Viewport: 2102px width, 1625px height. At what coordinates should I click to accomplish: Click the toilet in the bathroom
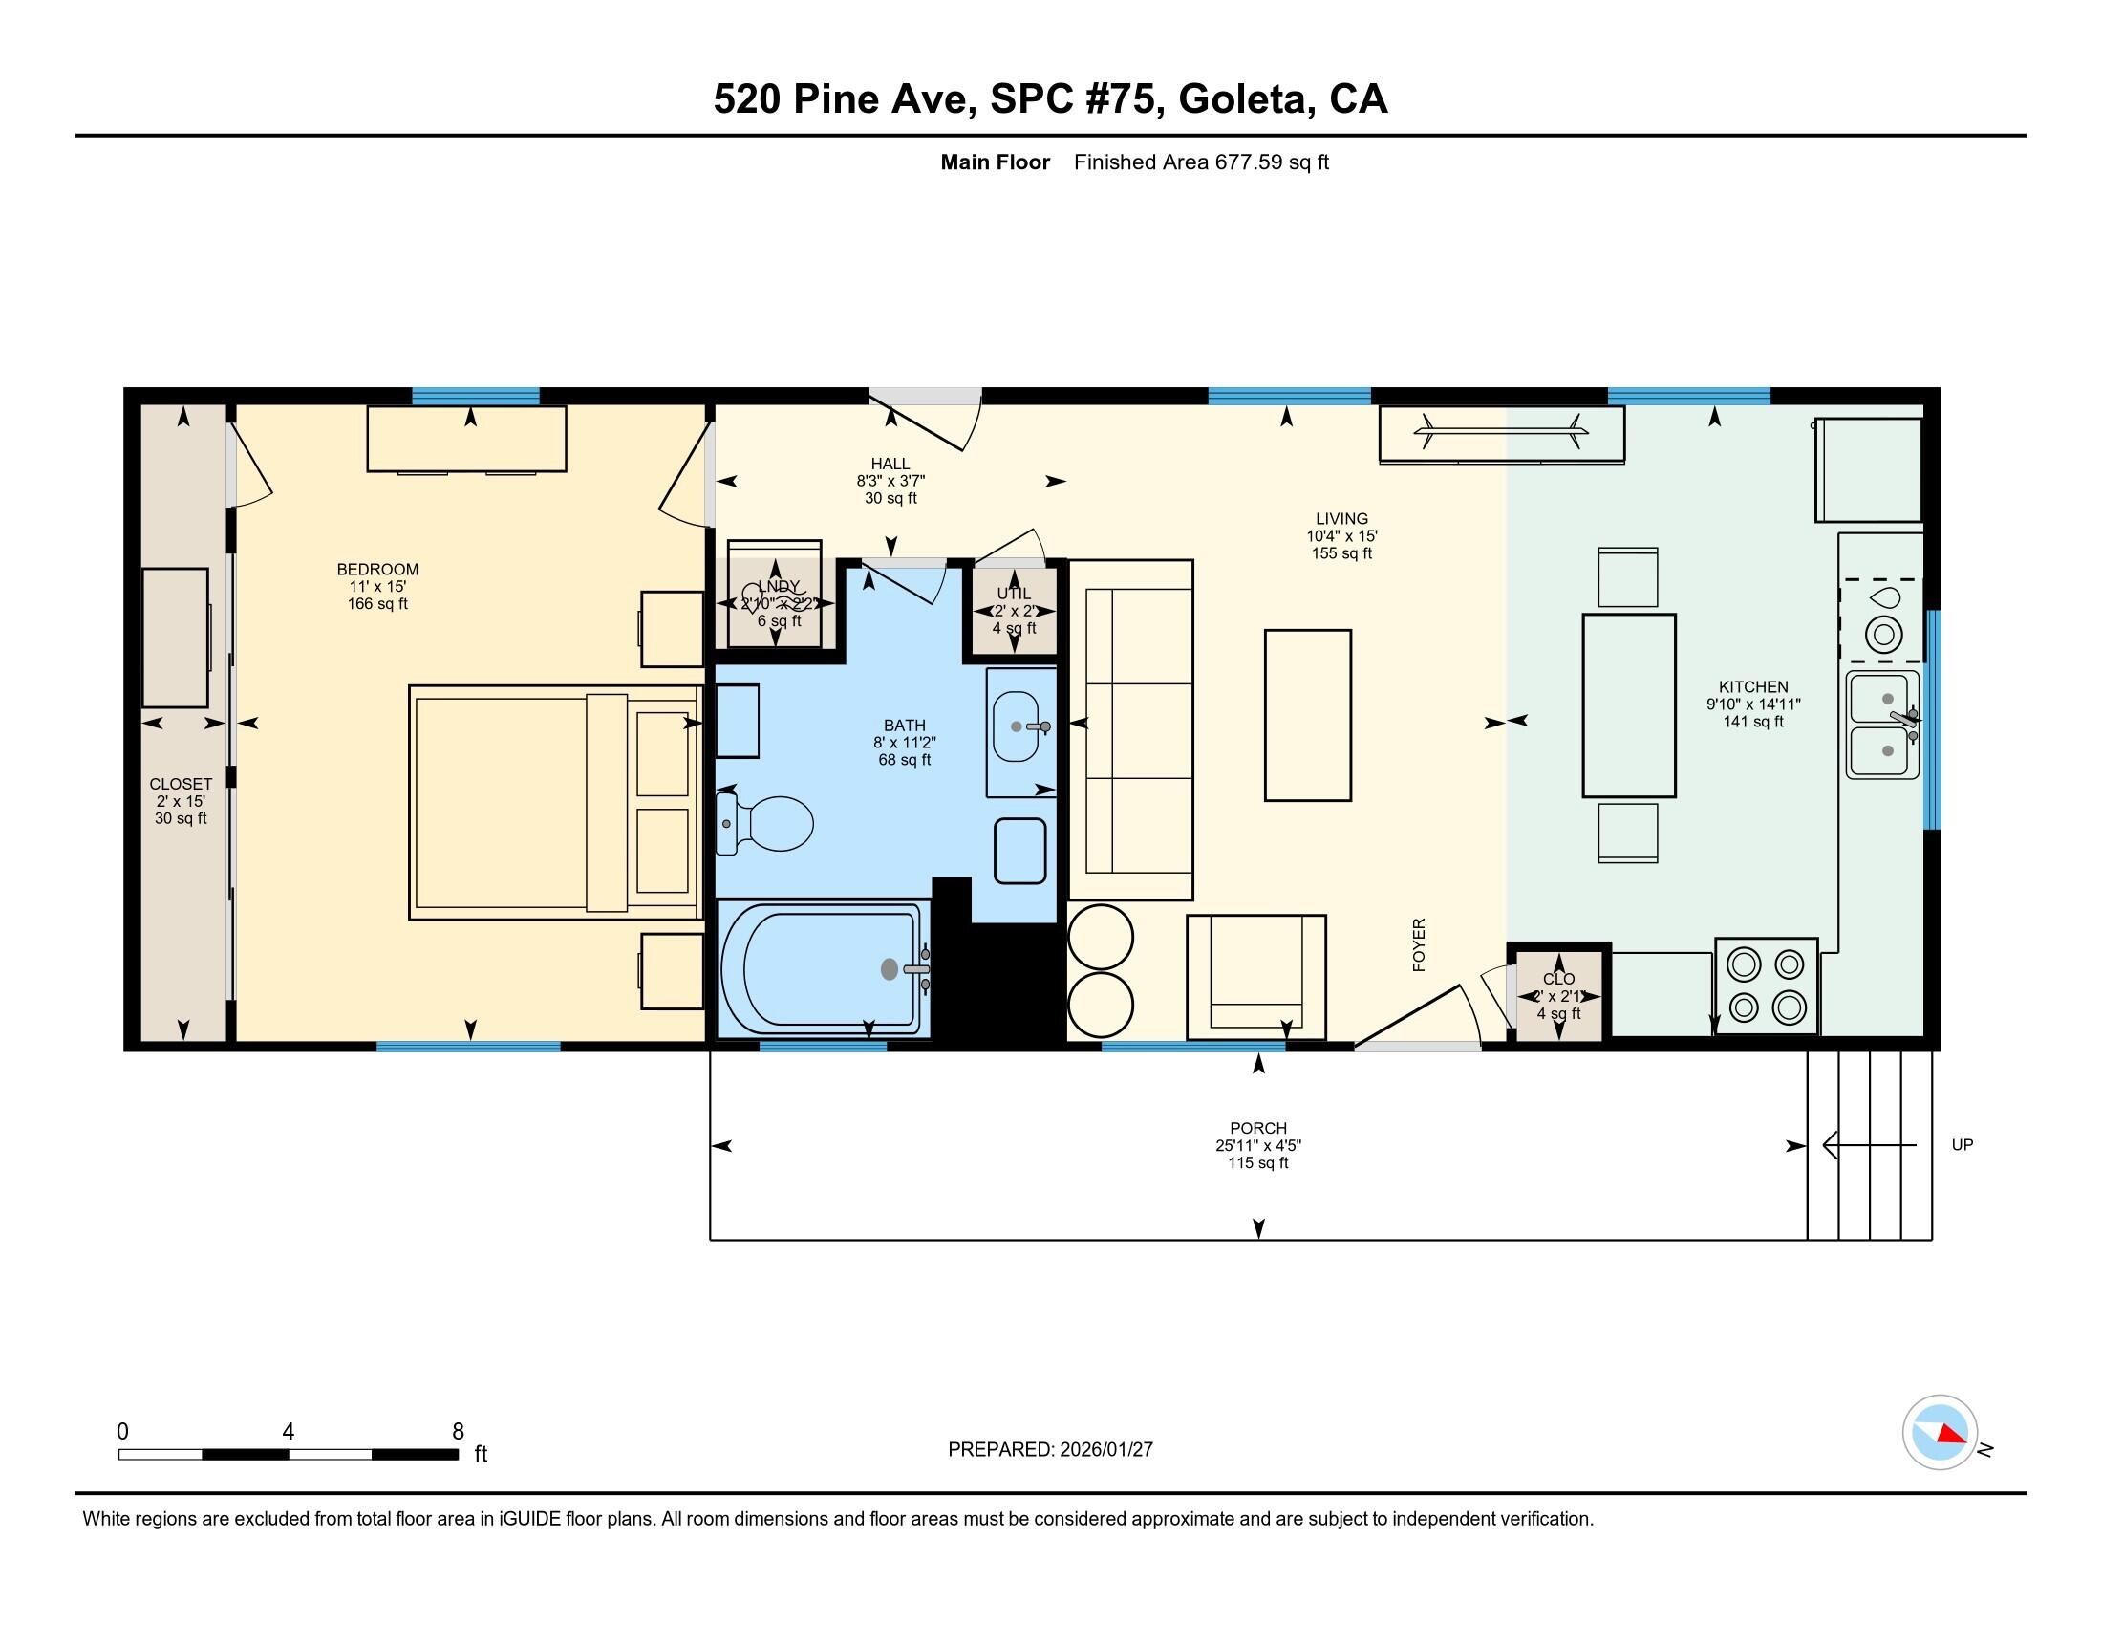pos(767,823)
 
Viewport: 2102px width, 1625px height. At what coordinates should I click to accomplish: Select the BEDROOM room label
pos(377,569)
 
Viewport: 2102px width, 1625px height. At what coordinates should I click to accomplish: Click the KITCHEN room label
pos(1752,686)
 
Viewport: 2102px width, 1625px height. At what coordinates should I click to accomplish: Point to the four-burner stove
pos(1765,986)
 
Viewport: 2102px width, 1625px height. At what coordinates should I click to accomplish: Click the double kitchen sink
pos(1880,725)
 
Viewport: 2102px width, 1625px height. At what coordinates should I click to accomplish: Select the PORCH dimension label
pos(1257,1145)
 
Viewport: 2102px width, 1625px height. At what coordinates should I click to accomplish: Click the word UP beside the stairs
pos(1962,1144)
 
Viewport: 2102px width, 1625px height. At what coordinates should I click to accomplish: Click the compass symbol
pos(1940,1432)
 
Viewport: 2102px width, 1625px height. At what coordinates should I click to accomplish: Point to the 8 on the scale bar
pos(458,1431)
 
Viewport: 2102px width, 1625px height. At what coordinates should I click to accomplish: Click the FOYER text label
pos(1419,944)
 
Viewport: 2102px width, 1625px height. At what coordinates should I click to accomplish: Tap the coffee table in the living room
pos(1307,714)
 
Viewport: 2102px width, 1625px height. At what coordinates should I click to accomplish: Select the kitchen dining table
pos(1628,705)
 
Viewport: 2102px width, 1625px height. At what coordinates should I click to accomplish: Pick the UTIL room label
pos(1014,593)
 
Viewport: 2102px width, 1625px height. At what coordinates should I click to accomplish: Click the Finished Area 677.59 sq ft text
pos(1200,162)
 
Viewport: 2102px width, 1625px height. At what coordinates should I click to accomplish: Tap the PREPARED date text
pos(1050,1449)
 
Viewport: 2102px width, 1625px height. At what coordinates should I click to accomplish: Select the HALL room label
pos(890,464)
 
